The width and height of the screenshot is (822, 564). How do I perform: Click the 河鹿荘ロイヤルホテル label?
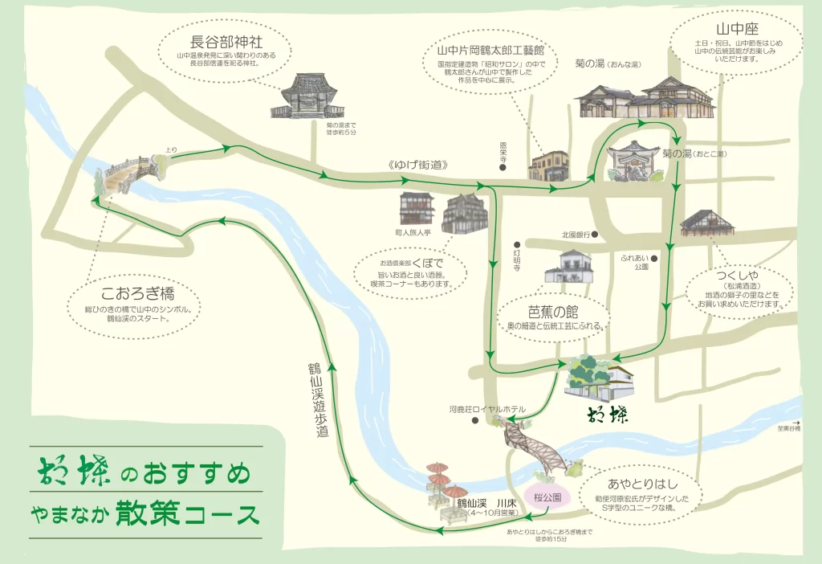[487, 409]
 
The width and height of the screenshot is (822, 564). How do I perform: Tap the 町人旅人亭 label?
[417, 231]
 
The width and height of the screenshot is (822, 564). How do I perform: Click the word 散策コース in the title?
[188, 511]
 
